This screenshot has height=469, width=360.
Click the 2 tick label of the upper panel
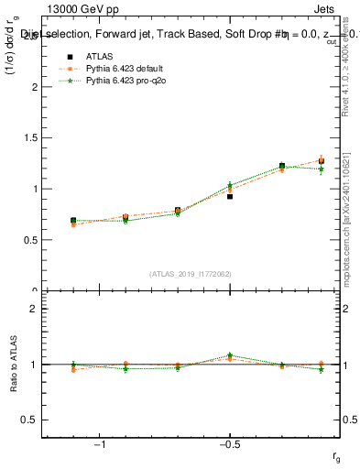pyautogui.click(x=34, y=87)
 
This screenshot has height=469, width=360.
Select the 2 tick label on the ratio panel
pyautogui.click(x=34, y=309)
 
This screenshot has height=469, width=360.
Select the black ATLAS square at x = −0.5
pyautogui.click(x=230, y=196)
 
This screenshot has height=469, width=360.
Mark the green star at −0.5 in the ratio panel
pyautogui.click(x=230, y=355)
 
